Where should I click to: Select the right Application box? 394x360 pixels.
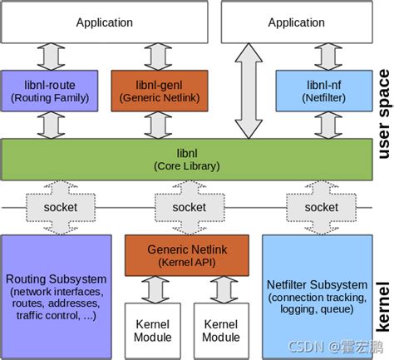coord(296,23)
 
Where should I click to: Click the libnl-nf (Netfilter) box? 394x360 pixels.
coord(319,91)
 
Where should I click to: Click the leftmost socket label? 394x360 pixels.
coord(52,207)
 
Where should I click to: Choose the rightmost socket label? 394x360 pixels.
coord(320,207)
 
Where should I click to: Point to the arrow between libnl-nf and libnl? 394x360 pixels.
coord(320,124)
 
